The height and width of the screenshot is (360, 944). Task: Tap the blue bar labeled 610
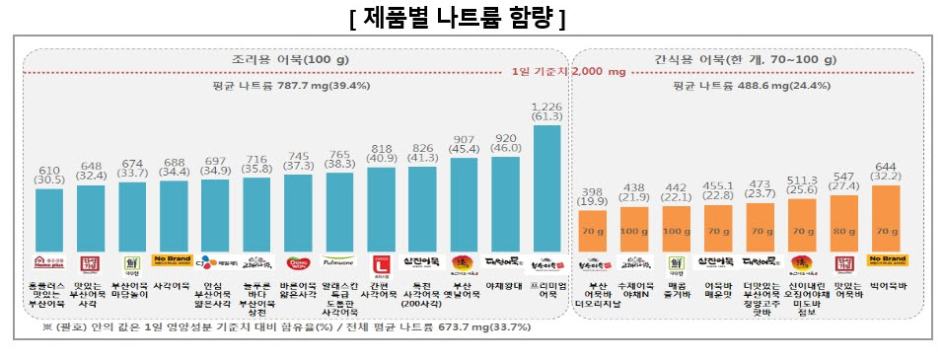(x=48, y=217)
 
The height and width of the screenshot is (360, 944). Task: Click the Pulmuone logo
(x=339, y=263)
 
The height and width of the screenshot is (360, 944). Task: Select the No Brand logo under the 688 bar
(x=173, y=261)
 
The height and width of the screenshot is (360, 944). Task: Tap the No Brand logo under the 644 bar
(x=887, y=261)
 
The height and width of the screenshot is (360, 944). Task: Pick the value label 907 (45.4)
(x=466, y=145)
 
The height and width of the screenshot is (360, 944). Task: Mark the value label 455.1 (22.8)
(x=720, y=189)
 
